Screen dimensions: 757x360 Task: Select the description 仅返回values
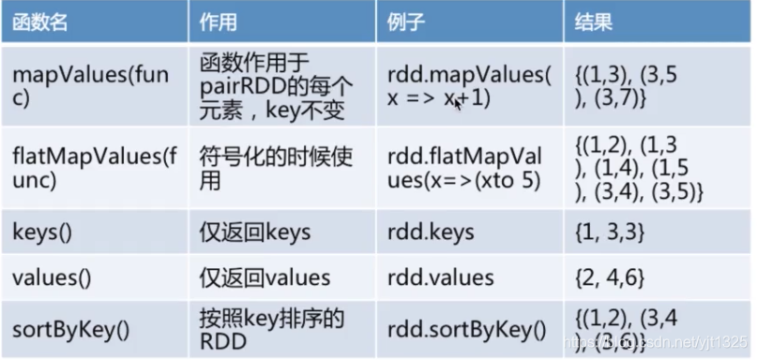click(265, 277)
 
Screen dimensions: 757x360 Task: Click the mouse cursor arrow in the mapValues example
click(459, 102)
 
